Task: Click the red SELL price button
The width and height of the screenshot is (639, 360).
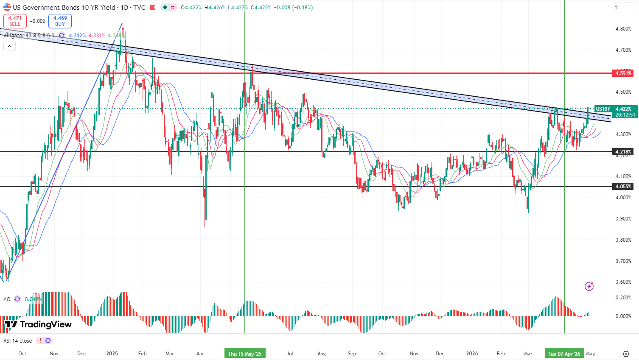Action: (15, 21)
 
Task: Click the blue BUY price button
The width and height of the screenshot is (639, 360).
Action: (60, 21)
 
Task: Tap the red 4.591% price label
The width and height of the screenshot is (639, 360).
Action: (623, 73)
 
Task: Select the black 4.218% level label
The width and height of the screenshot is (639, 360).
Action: (623, 151)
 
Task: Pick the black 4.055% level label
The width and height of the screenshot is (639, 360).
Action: (623, 186)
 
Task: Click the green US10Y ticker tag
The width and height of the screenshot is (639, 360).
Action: (603, 109)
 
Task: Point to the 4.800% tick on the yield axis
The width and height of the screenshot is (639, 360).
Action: (623, 29)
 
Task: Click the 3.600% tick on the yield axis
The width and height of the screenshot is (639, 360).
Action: (623, 282)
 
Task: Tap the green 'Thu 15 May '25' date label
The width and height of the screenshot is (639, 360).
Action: (245, 354)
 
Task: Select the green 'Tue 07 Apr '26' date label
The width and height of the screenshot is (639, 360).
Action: (564, 354)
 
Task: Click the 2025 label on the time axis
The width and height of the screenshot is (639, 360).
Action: (112, 354)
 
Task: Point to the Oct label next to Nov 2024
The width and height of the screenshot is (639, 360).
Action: (22, 354)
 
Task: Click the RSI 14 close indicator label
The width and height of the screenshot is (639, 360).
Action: (18, 340)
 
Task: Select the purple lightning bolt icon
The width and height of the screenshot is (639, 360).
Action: (589, 286)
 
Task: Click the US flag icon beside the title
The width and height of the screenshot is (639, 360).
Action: (7, 7)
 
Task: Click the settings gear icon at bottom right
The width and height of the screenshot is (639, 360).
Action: (626, 354)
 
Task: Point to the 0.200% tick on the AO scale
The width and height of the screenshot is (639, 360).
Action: (623, 298)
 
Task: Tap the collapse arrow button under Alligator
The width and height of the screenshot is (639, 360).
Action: (9, 46)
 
